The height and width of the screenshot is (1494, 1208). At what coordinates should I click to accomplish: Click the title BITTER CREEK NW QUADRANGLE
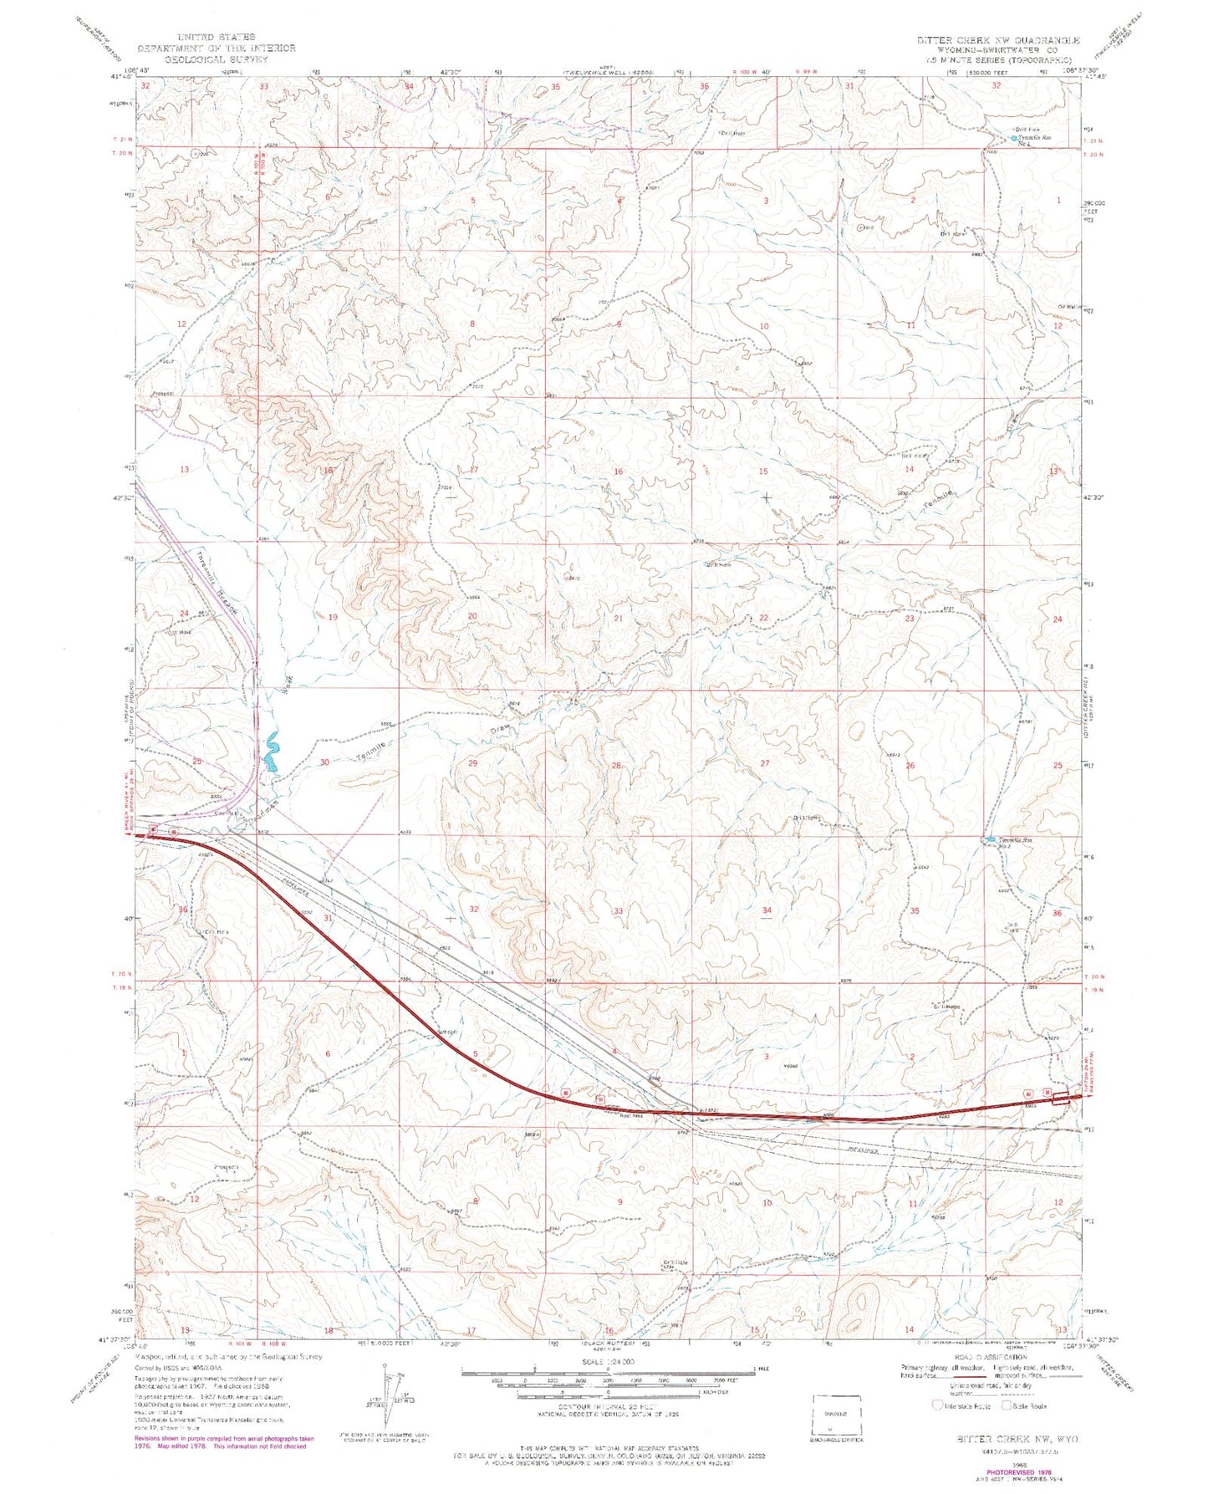(997, 40)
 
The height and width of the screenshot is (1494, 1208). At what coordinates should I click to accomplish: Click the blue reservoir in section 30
(271, 752)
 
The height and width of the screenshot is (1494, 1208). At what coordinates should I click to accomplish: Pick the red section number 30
(324, 762)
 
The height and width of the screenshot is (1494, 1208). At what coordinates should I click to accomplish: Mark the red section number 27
(765, 763)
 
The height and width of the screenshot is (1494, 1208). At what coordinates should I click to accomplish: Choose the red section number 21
(619, 619)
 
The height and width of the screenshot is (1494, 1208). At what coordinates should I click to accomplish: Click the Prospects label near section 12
(227, 1168)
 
